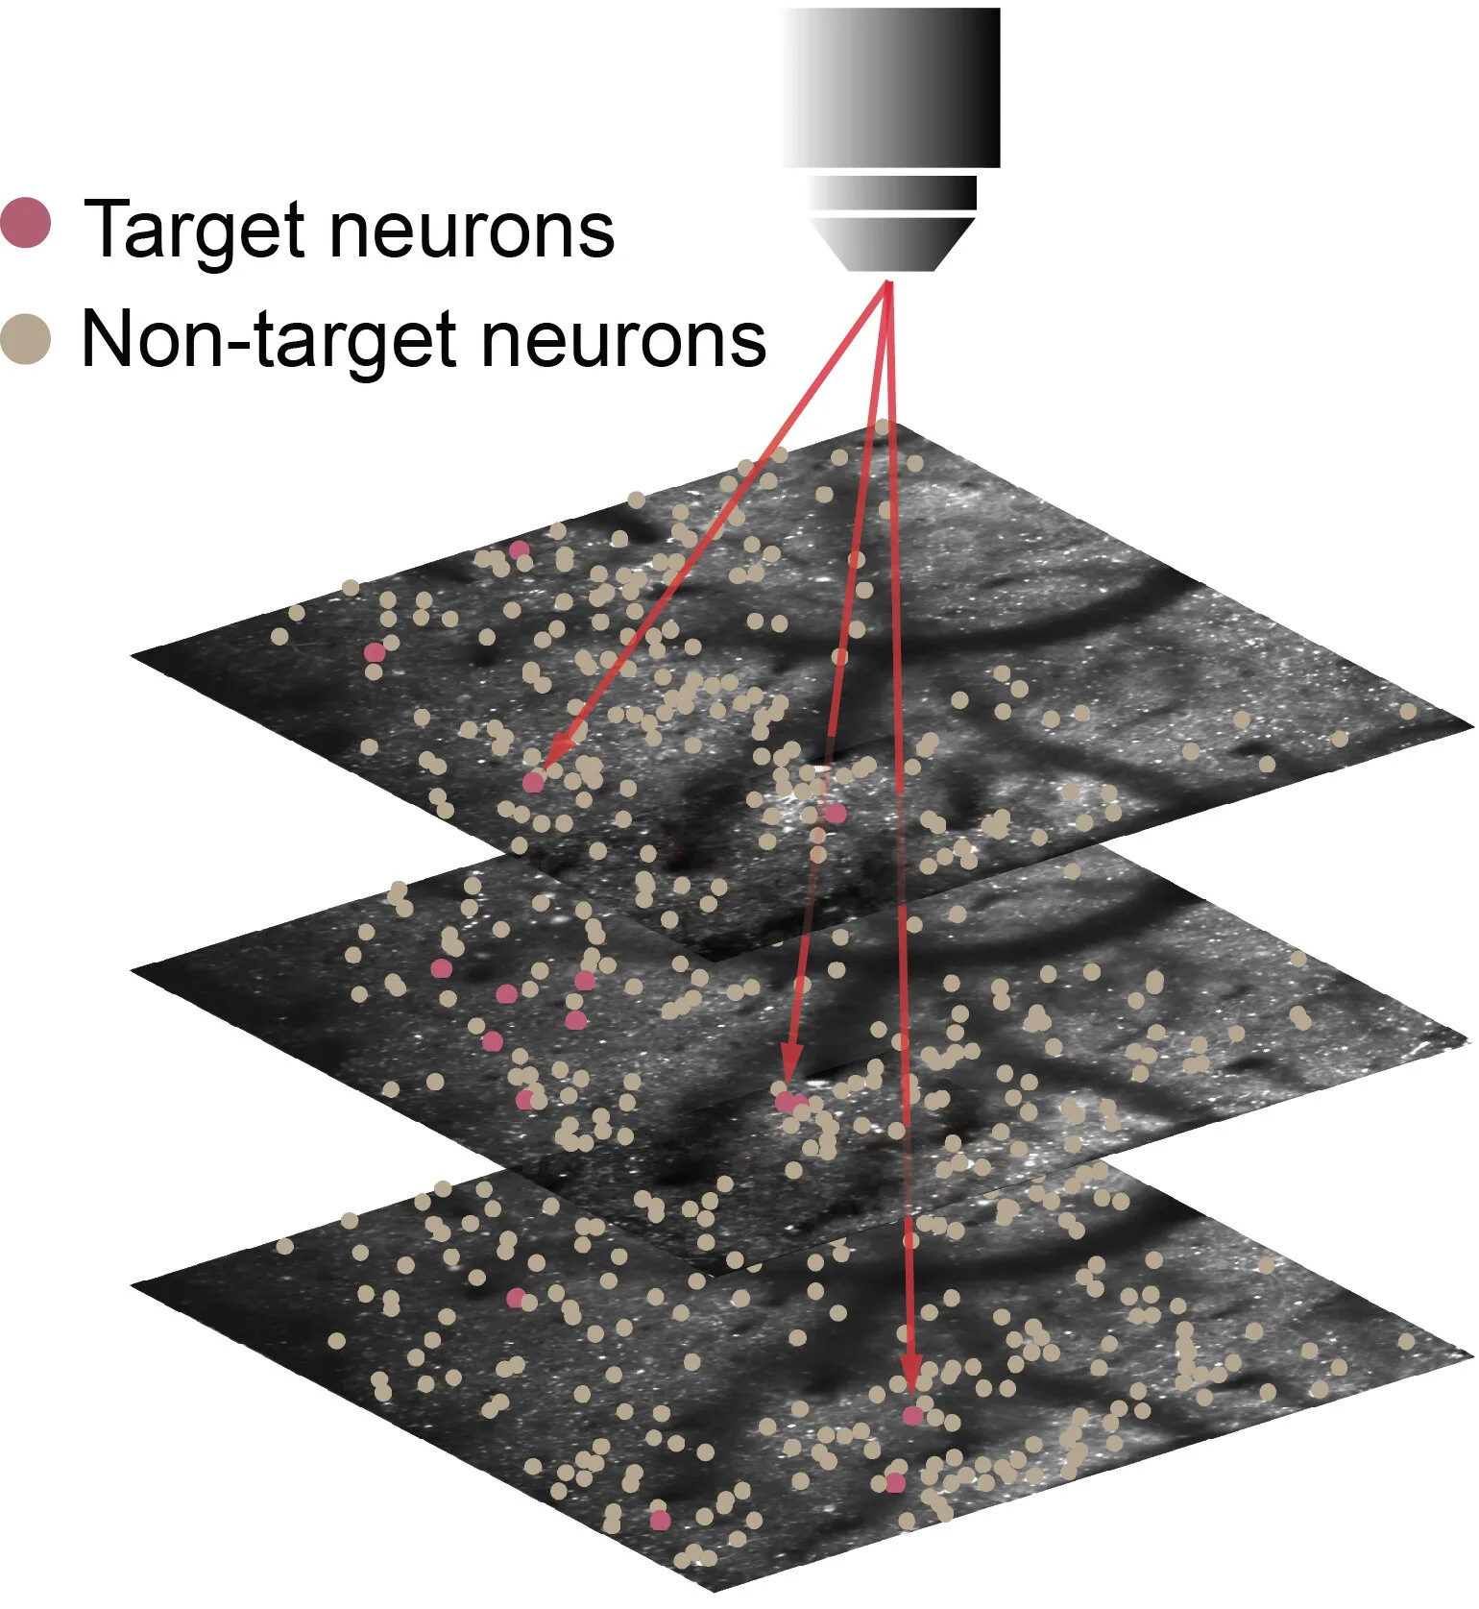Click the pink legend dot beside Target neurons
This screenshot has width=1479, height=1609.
coord(26,223)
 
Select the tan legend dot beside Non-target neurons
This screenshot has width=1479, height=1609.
coord(26,339)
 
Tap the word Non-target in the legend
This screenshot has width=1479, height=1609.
coord(269,341)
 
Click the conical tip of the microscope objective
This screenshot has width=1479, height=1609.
coord(893,244)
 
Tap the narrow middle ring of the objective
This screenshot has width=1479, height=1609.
coord(893,192)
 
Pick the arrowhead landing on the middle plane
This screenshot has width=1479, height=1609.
coord(791,1064)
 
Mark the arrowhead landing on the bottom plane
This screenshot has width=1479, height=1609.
coord(911,1377)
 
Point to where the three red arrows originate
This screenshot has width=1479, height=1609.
coord(888,281)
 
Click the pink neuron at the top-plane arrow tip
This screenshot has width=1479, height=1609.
coord(533,782)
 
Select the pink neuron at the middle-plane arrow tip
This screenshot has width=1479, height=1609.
coord(787,1101)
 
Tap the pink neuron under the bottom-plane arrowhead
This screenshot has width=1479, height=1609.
coord(913,1415)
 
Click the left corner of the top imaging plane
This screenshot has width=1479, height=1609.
coord(132,654)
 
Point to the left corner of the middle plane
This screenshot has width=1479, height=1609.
coord(132,969)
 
